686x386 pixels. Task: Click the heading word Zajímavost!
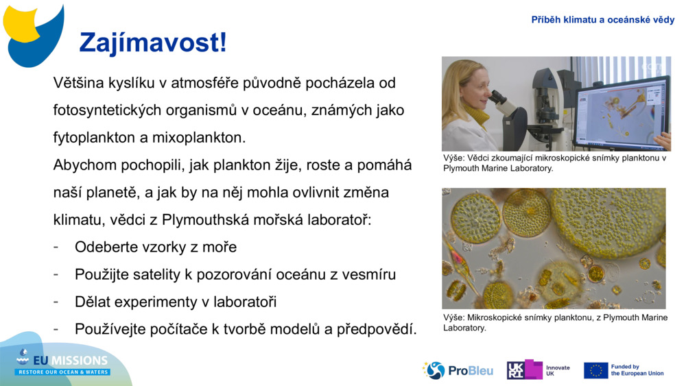152,43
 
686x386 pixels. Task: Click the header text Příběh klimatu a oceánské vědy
602,20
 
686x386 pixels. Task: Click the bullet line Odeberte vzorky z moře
156,247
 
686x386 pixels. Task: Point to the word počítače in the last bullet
180,329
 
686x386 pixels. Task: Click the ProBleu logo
458,370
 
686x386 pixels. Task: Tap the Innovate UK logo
538,370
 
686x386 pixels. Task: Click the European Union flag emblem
595,370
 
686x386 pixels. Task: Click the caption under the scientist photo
554,163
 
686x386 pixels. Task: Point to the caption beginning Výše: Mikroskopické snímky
554,322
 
